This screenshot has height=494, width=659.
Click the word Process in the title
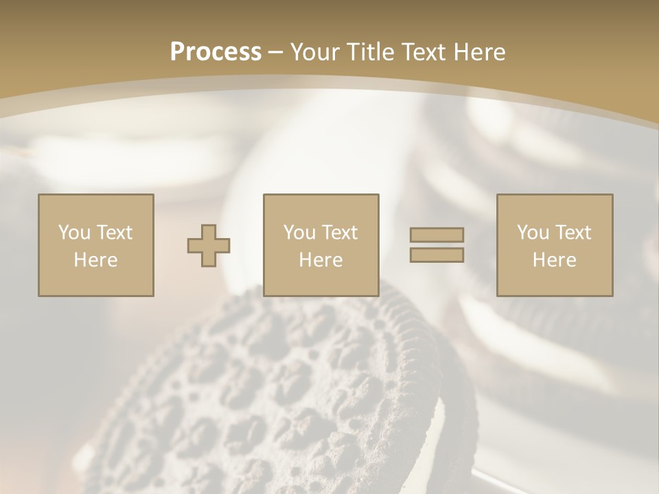click(x=216, y=52)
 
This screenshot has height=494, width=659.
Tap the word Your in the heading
click(x=316, y=52)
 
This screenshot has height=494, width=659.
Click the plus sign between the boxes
click(x=209, y=246)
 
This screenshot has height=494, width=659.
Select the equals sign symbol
click(x=437, y=245)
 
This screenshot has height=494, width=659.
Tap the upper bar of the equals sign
click(x=437, y=235)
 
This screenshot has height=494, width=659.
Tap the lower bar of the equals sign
click(x=437, y=255)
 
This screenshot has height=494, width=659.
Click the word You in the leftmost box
click(x=74, y=233)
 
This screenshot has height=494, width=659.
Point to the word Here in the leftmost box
click(x=96, y=260)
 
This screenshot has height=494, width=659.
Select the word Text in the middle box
click(x=340, y=233)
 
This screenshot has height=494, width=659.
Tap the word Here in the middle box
click(x=321, y=260)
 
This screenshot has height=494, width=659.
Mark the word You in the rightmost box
click(x=533, y=233)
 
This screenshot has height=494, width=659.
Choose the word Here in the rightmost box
click(x=555, y=260)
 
